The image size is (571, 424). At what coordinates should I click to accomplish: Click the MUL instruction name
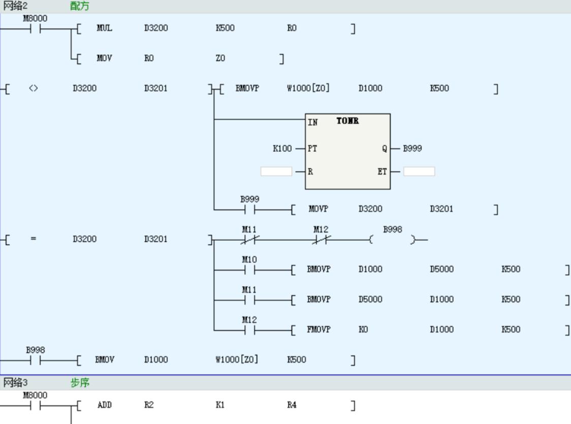104,28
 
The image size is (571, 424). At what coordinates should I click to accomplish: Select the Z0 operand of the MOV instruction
220,58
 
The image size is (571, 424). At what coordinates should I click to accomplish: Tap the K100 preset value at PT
282,149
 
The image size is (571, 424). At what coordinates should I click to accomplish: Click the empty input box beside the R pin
276,172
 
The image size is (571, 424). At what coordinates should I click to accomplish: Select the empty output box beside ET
419,172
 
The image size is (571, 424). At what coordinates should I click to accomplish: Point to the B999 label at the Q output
413,149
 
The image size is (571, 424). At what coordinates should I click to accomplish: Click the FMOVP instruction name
319,330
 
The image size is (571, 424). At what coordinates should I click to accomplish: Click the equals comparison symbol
33,239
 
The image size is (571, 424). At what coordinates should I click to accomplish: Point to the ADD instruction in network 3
104,405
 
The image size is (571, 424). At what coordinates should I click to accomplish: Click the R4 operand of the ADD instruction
292,405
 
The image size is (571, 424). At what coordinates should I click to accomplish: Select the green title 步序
80,383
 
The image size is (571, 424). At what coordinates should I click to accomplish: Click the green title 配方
80,6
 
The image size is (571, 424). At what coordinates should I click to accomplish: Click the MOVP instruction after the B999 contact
319,209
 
